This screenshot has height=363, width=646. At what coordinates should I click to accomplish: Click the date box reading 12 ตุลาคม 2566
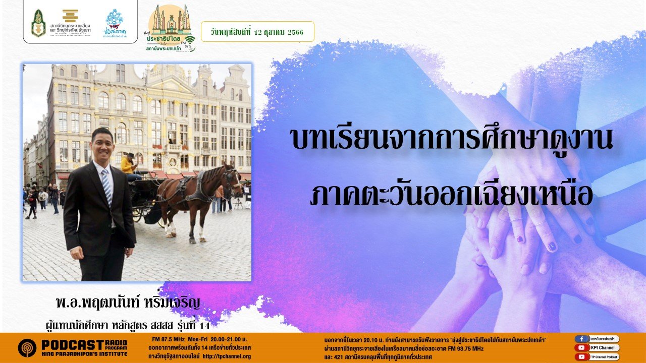click(257, 31)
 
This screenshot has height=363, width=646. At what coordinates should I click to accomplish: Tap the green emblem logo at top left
click(38, 23)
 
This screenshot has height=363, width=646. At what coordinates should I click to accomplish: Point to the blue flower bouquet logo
click(114, 20)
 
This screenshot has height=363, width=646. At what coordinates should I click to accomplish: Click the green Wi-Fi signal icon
click(189, 40)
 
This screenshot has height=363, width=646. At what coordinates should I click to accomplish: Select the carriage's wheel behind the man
click(137, 212)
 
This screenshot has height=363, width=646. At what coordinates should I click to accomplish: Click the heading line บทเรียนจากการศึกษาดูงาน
click(452, 140)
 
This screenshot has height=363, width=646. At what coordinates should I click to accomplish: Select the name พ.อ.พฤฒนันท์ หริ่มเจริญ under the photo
click(128, 304)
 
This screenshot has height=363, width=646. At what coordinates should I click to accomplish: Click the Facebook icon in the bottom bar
click(582, 339)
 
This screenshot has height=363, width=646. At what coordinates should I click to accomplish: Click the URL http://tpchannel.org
click(227, 356)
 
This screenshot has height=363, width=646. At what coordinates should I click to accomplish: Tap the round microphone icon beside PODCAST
click(27, 348)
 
